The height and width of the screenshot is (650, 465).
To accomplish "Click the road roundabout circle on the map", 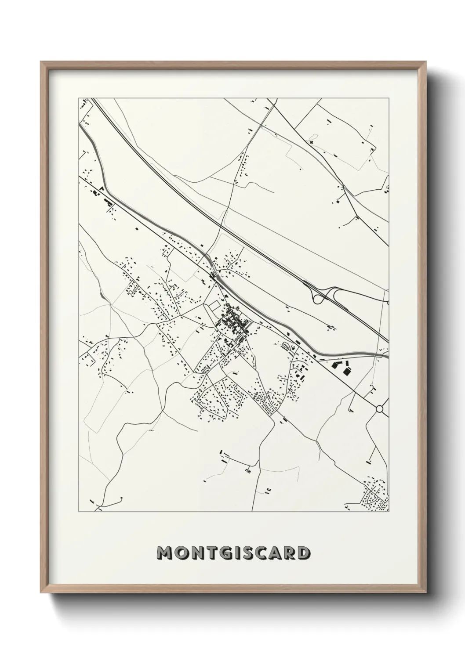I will pos(380,409).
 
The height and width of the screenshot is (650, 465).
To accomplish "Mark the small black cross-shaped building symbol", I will pos(312,142).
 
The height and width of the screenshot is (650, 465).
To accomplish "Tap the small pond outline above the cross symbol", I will pos(312,136).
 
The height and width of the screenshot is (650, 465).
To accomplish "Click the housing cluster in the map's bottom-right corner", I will pos(374,494).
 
